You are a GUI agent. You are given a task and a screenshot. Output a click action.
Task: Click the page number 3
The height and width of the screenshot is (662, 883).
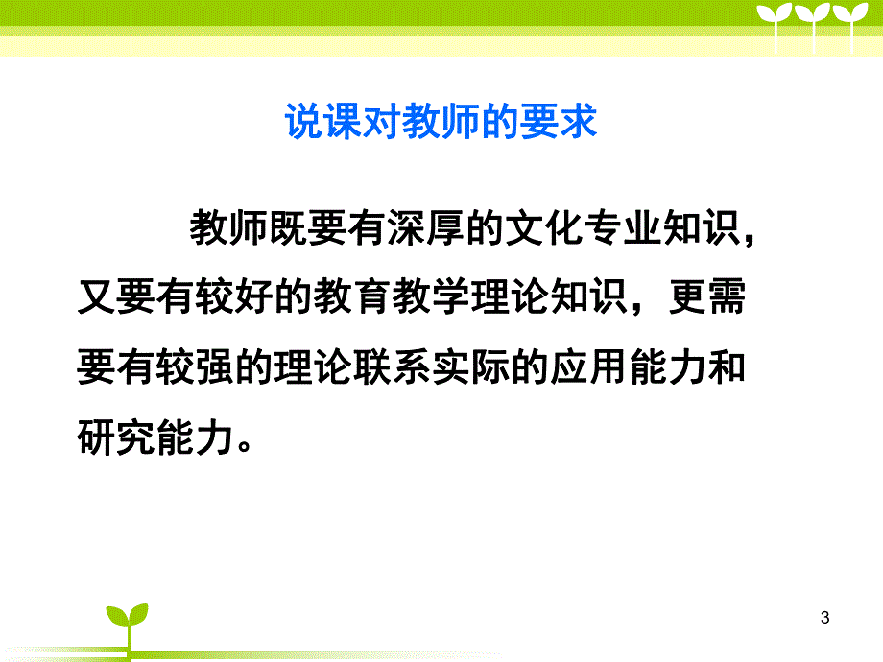tap(825, 619)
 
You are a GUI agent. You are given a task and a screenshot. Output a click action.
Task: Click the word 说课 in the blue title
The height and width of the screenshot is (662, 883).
tap(312, 123)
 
